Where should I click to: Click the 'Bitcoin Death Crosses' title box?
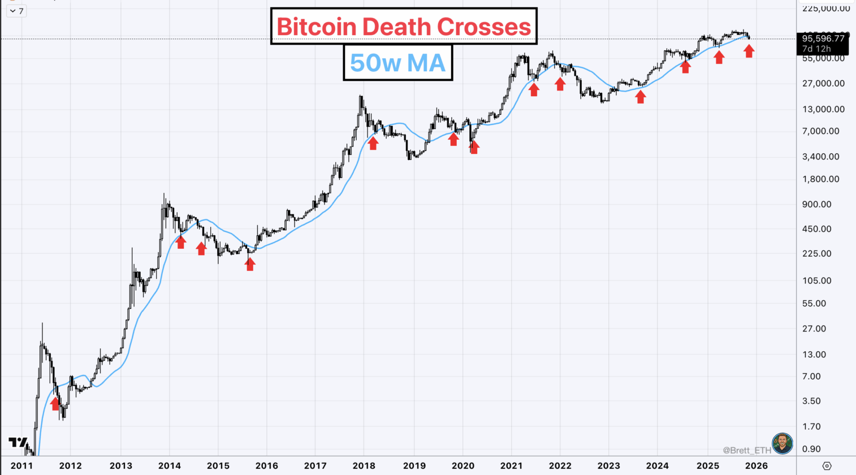pos(404,26)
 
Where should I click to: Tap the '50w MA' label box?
pos(397,62)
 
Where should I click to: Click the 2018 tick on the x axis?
pos(364,465)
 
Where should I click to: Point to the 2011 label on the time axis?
pos(21,465)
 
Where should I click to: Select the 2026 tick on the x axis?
pos(756,465)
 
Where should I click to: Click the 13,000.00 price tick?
pos(823,109)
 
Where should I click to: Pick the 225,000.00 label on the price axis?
pos(826,8)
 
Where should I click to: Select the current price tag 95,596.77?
pos(823,38)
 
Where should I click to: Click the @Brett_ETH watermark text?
pos(746,450)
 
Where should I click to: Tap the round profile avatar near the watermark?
pos(782,444)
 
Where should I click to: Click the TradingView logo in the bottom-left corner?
pos(18,443)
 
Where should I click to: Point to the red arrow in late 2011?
pos(55,403)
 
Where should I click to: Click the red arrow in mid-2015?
pos(250,264)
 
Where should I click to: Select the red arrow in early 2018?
pos(373,143)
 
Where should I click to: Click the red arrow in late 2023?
pos(640,97)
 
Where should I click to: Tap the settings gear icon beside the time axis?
pos(827,466)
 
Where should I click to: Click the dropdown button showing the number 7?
pos(16,11)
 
